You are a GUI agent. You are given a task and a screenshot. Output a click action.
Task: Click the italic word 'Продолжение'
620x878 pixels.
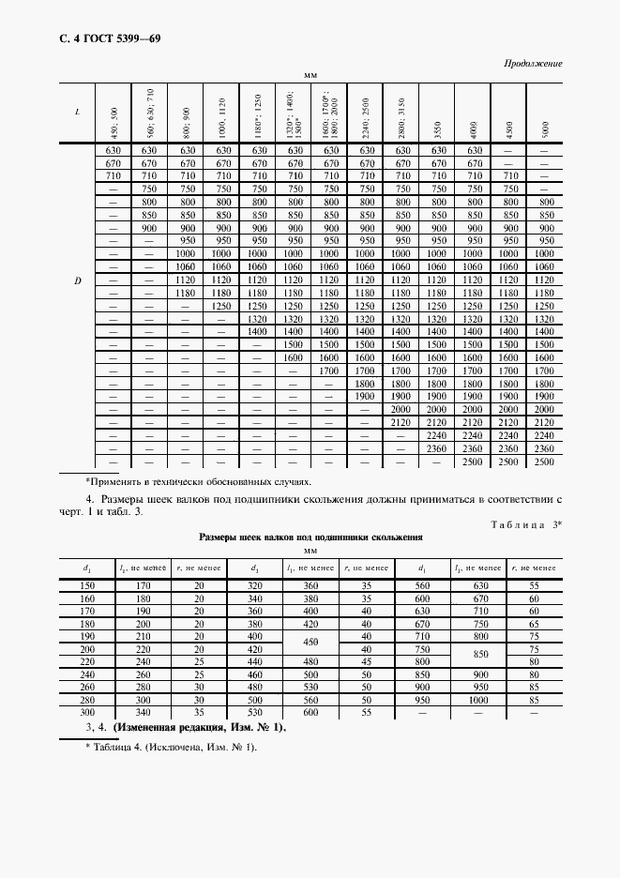(x=533, y=63)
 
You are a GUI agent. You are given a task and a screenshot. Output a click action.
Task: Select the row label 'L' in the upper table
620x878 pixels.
(x=77, y=112)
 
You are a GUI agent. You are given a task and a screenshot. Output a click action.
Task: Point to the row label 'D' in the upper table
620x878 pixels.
(x=77, y=280)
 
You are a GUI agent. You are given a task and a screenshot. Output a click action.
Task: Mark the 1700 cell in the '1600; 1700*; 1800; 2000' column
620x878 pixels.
(x=328, y=371)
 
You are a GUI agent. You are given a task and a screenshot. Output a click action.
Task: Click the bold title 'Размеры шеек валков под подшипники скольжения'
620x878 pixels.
(x=310, y=537)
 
